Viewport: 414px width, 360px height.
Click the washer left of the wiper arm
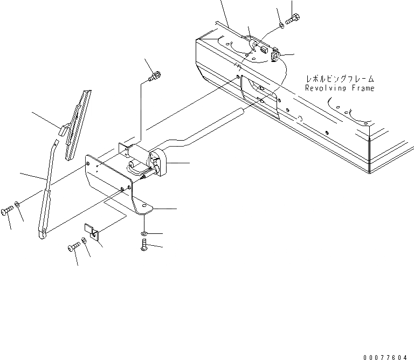pyautogui.click(x=18, y=205)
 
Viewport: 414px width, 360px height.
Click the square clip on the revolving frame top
pyautogui.click(x=275, y=55)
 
